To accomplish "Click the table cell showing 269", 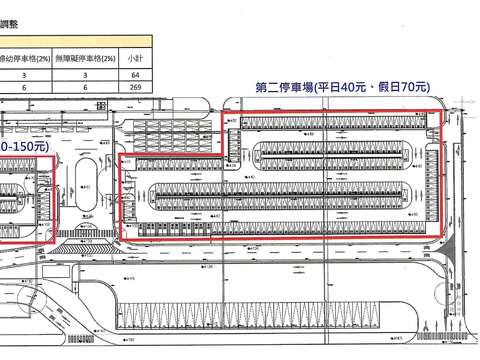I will tap(136, 88).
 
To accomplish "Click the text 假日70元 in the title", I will tap(398, 88).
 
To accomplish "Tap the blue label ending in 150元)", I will tap(24, 147).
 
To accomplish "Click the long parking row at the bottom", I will tap(250, 316).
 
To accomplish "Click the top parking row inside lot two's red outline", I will tap(330, 122).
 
